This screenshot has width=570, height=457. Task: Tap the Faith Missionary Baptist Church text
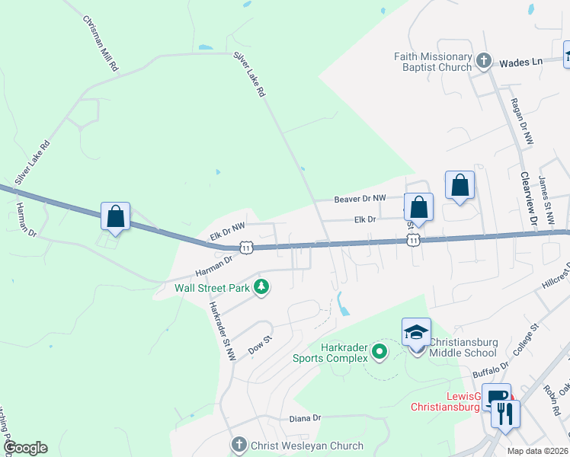click(x=434, y=62)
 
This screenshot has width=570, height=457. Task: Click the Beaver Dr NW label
click(x=360, y=199)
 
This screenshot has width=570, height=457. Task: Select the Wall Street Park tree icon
click(x=261, y=287)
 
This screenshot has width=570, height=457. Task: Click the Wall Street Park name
click(x=213, y=288)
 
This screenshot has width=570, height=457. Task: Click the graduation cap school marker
click(x=417, y=333)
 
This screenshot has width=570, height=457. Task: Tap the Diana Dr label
click(x=306, y=418)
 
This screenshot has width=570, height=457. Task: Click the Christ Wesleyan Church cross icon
click(x=239, y=445)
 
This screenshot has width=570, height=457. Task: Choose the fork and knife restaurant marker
click(x=505, y=414)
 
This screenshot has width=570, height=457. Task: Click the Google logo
click(x=26, y=448)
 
